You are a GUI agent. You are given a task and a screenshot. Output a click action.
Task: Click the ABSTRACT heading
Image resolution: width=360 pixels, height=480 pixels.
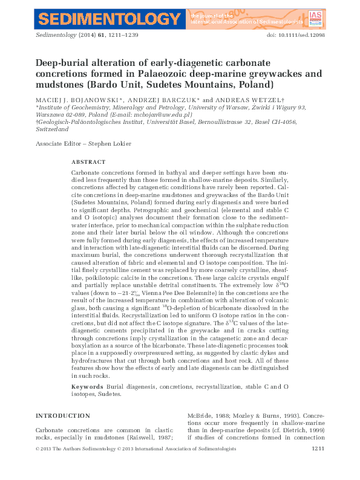pos(88,163)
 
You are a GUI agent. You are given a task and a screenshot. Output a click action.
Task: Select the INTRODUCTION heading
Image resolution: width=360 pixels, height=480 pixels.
pos(63,416)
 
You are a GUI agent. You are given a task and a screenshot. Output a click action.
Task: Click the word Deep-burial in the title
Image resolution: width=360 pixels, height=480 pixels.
pos(62,63)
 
